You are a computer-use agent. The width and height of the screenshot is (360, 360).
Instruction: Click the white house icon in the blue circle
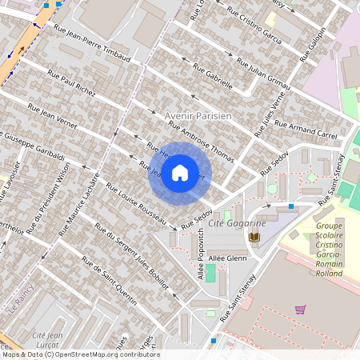[x=180, y=173]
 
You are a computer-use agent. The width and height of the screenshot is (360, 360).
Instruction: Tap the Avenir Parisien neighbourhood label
[x=198, y=116]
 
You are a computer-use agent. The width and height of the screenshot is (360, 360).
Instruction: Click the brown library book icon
[x=255, y=238]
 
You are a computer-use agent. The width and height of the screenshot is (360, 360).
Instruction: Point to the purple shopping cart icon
[x=300, y=310]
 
